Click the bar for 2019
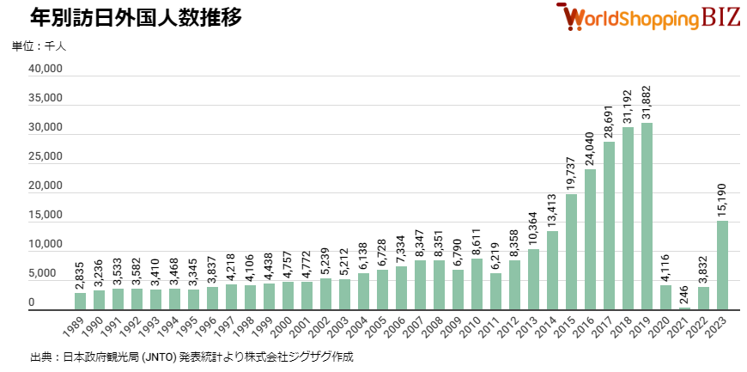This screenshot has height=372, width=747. tap(647, 216)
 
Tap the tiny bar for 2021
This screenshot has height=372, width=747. tap(684, 308)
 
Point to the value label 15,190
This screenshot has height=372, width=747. tap(723, 198)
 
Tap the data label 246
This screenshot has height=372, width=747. tap(685, 294)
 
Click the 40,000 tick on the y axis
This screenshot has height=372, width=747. tap(44, 70)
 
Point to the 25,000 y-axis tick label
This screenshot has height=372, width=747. tap(44, 157)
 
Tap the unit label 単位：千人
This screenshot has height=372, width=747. tap(38, 46)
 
